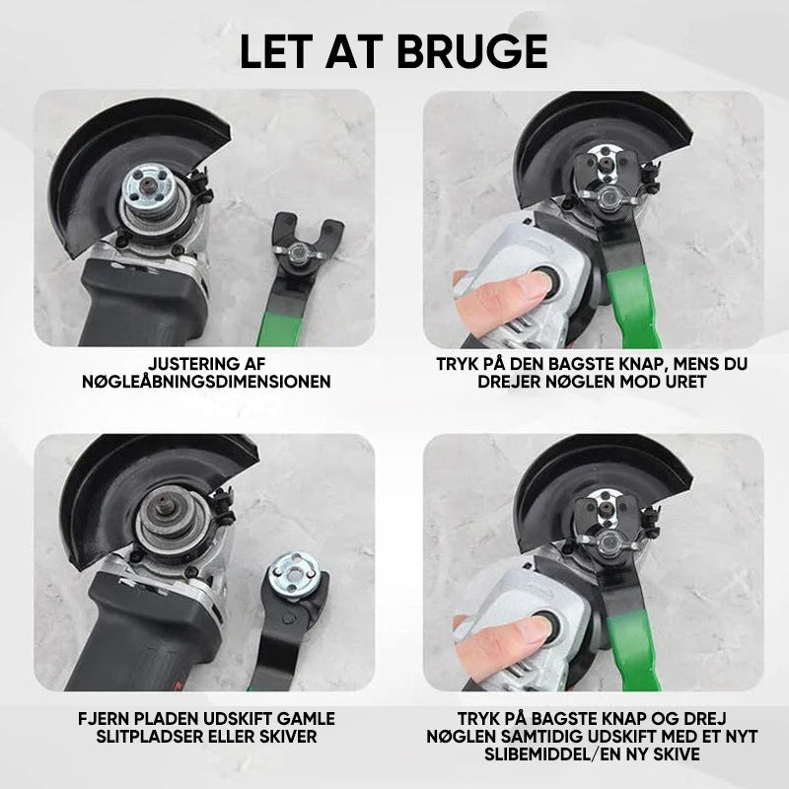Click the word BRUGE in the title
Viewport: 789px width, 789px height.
pyautogui.click(x=472, y=52)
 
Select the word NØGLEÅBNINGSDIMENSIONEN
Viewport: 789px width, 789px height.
pyautogui.click(x=207, y=382)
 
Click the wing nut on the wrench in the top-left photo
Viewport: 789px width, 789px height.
pyautogui.click(x=298, y=251)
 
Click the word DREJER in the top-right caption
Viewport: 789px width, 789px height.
pyautogui.click(x=506, y=382)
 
